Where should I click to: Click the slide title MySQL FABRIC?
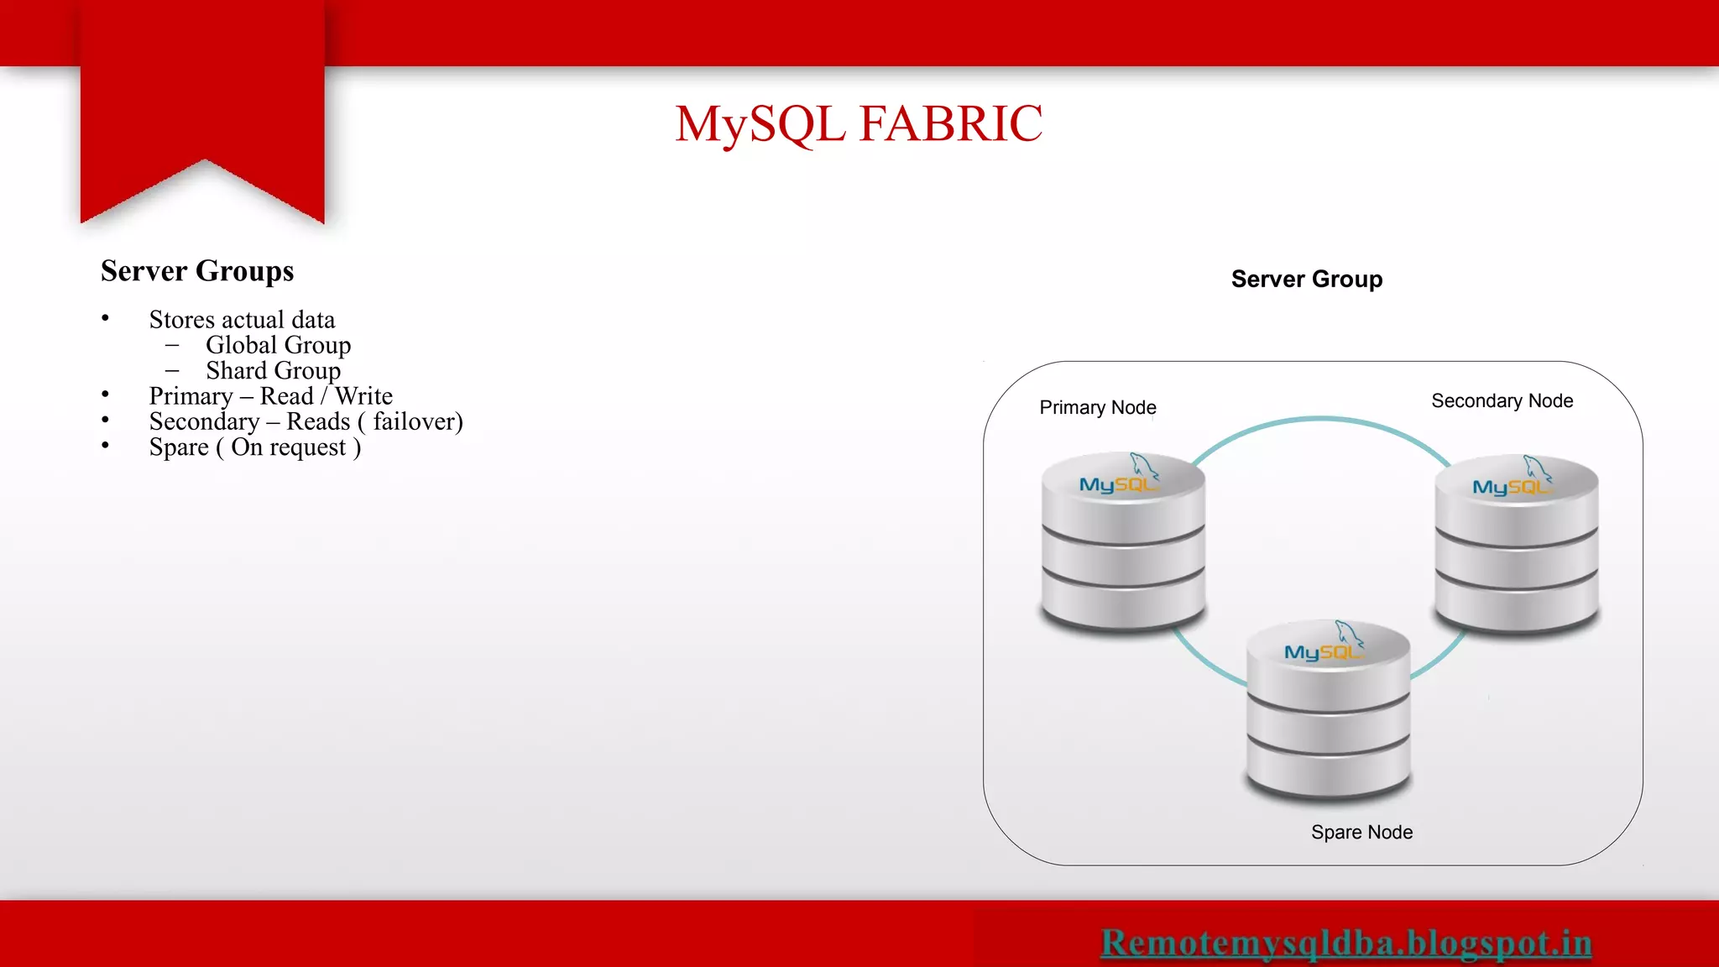pyautogui.click(x=859, y=124)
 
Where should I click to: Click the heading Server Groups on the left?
pyautogui.click(x=197, y=271)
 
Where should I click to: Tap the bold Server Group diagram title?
pyautogui.click(x=1306, y=279)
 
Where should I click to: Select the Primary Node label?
pyautogui.click(x=1097, y=407)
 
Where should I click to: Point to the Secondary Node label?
pyautogui.click(x=1502, y=401)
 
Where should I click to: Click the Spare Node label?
pyautogui.click(x=1361, y=832)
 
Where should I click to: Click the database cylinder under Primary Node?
pyautogui.click(x=1123, y=554)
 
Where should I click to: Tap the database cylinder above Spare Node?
pyautogui.click(x=1328, y=722)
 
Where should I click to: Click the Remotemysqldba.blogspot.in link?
pyautogui.click(x=1345, y=943)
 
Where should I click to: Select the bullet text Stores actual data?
pyautogui.click(x=242, y=320)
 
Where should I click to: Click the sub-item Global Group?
pyautogui.click(x=278, y=345)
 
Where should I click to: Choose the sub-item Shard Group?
pyautogui.click(x=273, y=370)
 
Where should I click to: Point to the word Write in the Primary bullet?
pyautogui.click(x=363, y=396)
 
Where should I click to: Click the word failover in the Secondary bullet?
pyautogui.click(x=413, y=421)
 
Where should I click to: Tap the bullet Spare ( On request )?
pyautogui.click(x=254, y=447)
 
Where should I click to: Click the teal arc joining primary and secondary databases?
pyautogui.click(x=1320, y=421)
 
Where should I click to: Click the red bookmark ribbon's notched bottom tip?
pyautogui.click(x=204, y=161)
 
